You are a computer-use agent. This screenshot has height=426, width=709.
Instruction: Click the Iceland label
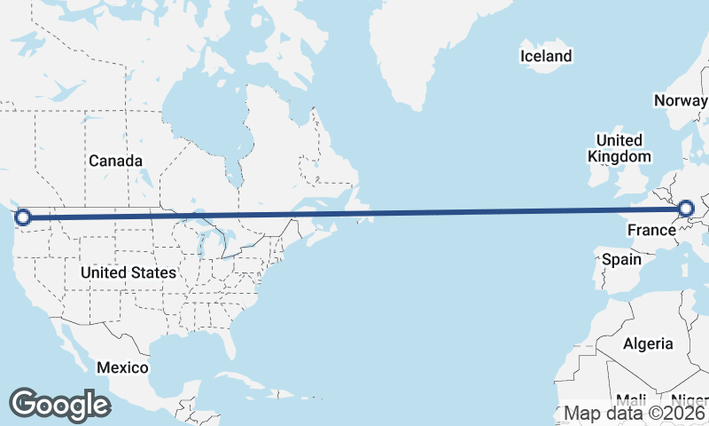546,57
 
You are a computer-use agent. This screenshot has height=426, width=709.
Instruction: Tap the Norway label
681,100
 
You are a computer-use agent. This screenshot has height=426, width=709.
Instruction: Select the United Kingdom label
619,148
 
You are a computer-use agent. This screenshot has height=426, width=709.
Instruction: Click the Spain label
621,260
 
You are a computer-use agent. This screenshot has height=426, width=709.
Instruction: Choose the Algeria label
648,343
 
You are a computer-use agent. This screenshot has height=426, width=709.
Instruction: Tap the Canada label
115,161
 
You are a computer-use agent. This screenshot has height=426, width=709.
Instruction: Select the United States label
129,272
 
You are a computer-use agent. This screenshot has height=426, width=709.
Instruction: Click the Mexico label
123,367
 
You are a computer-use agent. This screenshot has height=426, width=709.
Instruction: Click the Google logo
59,404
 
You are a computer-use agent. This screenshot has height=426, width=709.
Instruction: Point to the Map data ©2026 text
635,413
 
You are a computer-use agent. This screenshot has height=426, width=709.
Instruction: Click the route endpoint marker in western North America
23,217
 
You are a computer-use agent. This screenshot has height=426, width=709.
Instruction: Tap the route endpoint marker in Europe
685,209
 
